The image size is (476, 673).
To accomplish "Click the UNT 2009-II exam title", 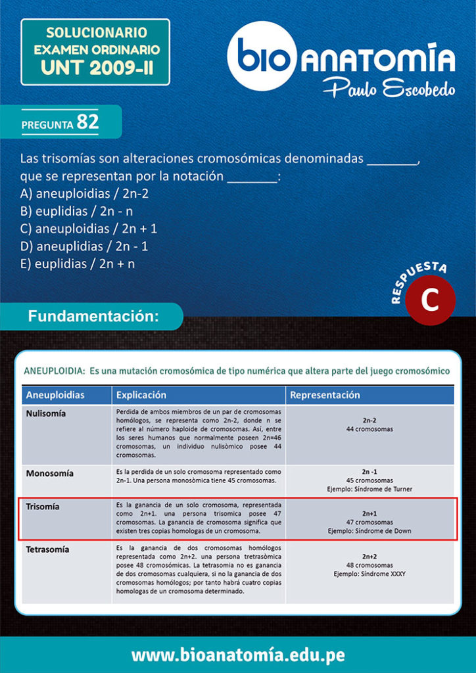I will click(96, 67).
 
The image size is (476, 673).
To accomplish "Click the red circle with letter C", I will click(429, 300).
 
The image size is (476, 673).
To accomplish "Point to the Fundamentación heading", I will click(93, 316).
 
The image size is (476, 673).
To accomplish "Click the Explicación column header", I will click(141, 395).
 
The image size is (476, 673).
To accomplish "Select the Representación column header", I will click(325, 395).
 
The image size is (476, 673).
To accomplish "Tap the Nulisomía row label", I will click(45, 414).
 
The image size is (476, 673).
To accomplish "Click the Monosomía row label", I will click(49, 473).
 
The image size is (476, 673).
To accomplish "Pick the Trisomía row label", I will click(42, 507).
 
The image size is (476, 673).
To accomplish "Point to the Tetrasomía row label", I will click(47, 549).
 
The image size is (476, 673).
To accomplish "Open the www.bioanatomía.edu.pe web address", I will click(238, 655).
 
